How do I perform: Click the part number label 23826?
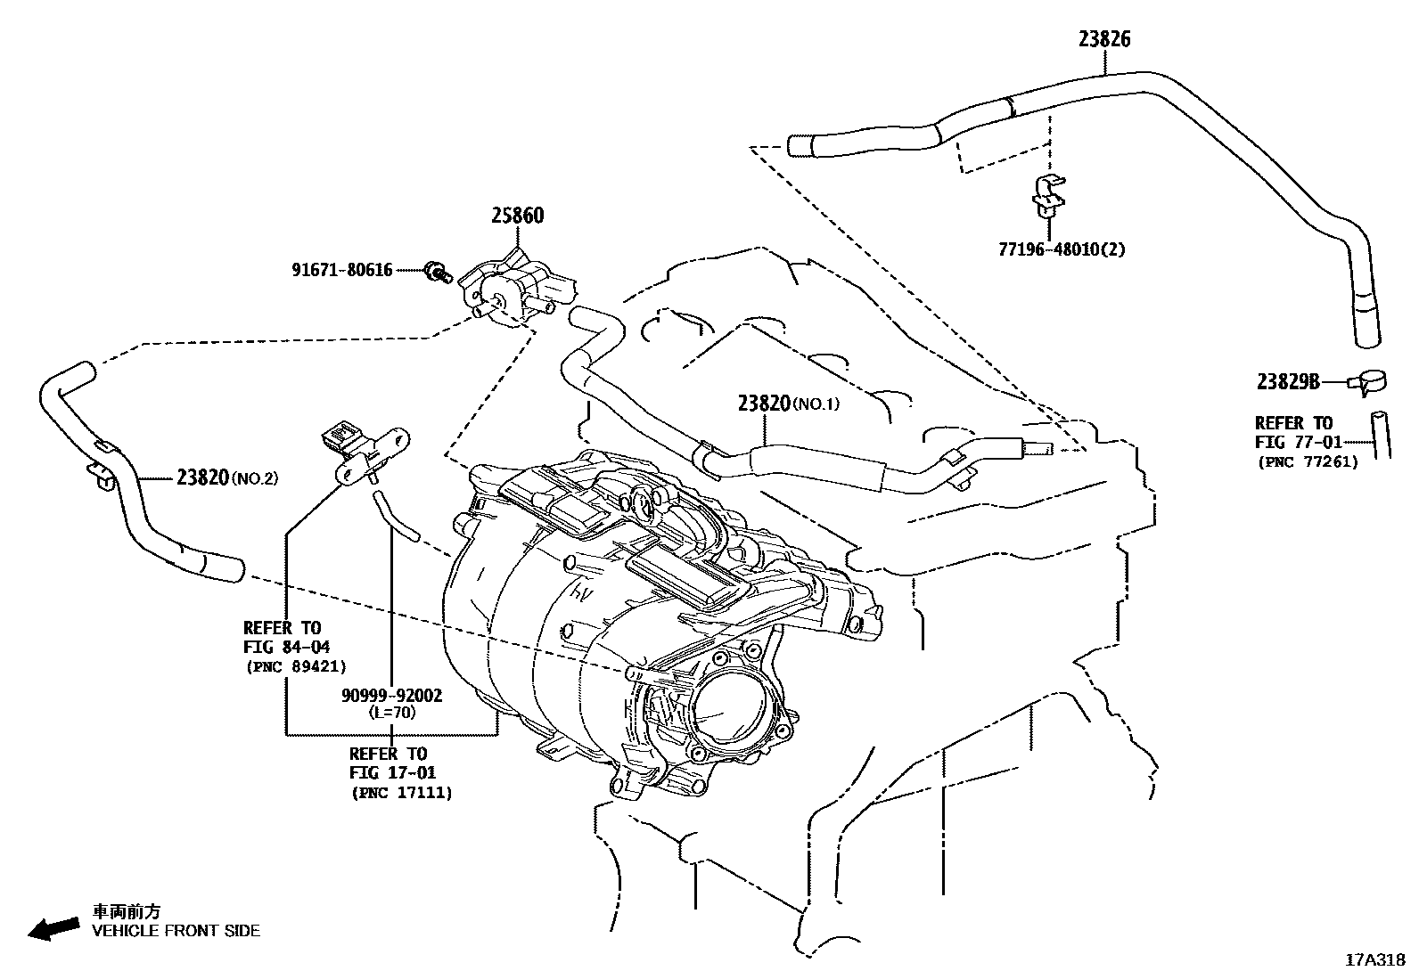[x=1104, y=39]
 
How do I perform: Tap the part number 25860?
[x=517, y=216]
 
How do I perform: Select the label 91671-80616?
[x=342, y=269]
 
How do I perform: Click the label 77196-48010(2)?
[x=1062, y=249]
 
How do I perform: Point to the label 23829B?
[x=1288, y=382]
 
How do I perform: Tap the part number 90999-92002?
[x=392, y=696]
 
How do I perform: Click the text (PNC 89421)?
[x=295, y=665]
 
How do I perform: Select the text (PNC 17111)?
[x=401, y=792]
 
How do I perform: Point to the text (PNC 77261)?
[x=1308, y=461]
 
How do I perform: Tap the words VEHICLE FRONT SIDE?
[x=176, y=931]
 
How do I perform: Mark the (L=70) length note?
[x=392, y=712]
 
